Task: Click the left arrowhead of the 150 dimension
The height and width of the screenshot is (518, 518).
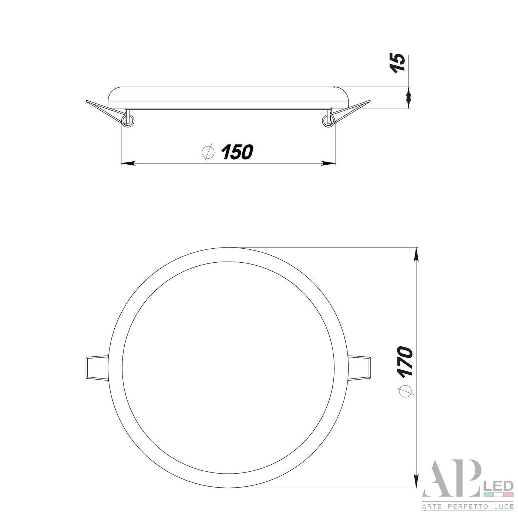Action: [128, 163]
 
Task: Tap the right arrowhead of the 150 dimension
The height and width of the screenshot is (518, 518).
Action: [329, 163]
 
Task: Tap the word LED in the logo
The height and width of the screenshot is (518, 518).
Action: [497, 485]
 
